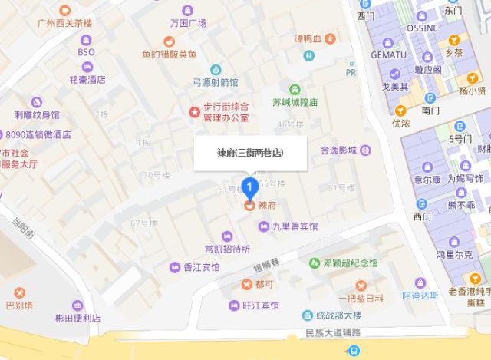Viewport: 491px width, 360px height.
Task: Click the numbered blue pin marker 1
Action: pyautogui.click(x=249, y=187)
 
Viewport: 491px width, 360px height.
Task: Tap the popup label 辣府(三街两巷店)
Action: pyautogui.click(x=250, y=153)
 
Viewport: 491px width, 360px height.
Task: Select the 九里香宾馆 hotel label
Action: pyautogui.click(x=295, y=226)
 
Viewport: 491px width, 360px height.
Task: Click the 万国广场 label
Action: pyautogui.click(x=189, y=23)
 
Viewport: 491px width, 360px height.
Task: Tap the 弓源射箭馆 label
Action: pyautogui.click(x=215, y=81)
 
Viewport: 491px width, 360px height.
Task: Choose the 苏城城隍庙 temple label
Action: pyautogui.click(x=295, y=102)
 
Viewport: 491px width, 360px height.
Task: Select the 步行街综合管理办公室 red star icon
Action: pyautogui.click(x=195, y=112)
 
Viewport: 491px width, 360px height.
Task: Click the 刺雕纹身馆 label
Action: pyautogui.click(x=37, y=115)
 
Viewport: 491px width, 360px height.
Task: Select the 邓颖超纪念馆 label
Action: pyautogui.click(x=351, y=263)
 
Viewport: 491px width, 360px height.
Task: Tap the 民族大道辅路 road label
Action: pyautogui.click(x=332, y=333)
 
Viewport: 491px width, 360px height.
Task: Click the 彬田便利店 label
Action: pyautogui.click(x=77, y=318)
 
